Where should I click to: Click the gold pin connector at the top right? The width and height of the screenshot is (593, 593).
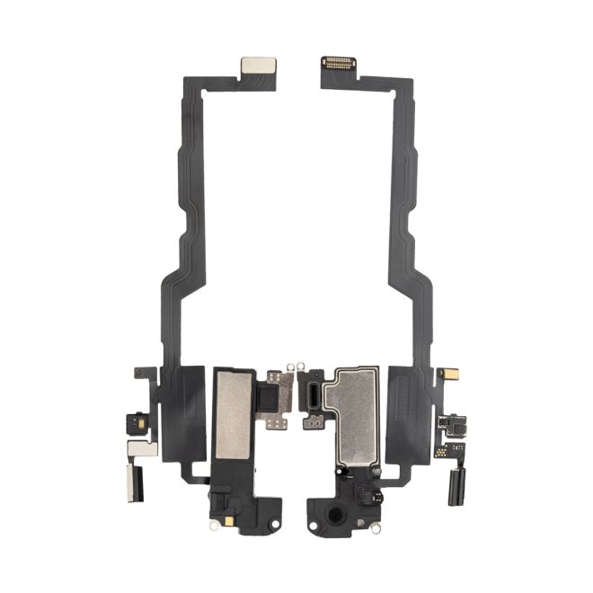coord(339,64)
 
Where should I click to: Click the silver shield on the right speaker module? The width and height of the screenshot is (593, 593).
coord(353,404)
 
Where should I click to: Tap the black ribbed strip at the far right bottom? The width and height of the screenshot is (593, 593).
coord(454,482)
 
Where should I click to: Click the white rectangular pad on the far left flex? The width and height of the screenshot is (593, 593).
coord(142,447)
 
